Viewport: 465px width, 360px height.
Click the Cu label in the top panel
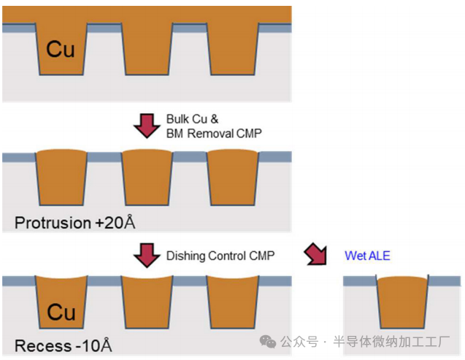tap(61, 49)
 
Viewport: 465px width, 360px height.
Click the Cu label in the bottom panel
tap(61, 312)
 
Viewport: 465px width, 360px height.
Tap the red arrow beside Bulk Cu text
tap(147, 126)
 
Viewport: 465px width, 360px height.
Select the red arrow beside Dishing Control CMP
tap(147, 256)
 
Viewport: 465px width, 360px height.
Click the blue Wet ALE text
tap(366, 256)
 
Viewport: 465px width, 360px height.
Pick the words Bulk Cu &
tap(192, 119)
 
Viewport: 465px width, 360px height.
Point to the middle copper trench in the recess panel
tap(146, 303)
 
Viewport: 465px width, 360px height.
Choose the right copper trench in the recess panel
tap(233, 303)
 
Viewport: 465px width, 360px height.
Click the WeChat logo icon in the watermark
tap(269, 341)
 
